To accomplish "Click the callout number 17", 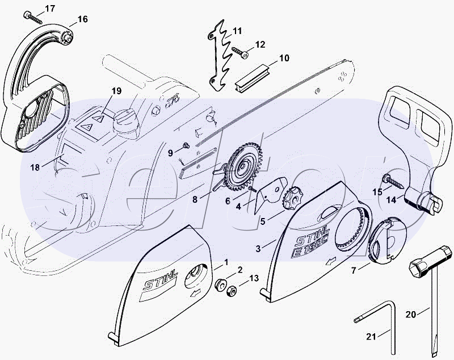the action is [50, 9].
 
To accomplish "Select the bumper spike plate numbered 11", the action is [220, 56].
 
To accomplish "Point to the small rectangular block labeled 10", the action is [253, 77].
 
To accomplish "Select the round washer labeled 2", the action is [221, 284].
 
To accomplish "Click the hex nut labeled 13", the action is [232, 290].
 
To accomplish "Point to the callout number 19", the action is [116, 91].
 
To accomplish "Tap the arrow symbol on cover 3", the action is [330, 261].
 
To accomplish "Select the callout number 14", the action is [392, 200].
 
